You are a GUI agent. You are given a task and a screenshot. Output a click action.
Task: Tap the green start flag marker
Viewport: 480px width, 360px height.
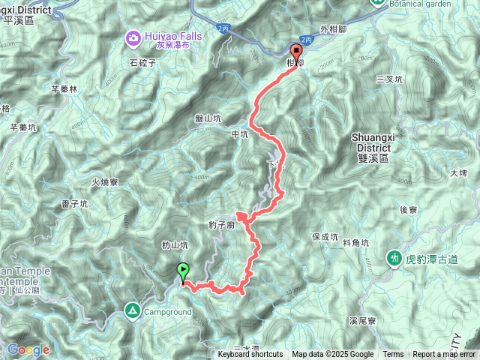click(182, 271)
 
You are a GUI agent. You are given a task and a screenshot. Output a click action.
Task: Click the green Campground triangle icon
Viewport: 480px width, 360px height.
click(133, 310)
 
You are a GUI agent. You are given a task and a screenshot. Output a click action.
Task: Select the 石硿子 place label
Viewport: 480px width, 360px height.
click(142, 64)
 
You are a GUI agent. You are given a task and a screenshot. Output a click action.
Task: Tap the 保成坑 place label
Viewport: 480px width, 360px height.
click(326, 237)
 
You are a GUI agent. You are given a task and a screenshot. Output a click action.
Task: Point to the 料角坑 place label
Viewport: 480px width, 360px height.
click(355, 243)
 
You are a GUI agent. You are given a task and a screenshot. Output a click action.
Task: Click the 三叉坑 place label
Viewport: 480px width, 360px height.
click(390, 79)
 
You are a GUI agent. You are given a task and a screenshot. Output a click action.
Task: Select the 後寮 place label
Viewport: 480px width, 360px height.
click(409, 210)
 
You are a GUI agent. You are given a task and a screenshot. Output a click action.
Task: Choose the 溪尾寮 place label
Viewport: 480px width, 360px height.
click(361, 320)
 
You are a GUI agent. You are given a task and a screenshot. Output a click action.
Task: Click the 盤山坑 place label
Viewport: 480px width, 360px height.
click(208, 118)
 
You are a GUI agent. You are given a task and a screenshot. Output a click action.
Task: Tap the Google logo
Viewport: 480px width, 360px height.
click(28, 349)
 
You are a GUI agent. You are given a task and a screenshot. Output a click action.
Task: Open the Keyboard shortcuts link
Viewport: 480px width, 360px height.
click(250, 355)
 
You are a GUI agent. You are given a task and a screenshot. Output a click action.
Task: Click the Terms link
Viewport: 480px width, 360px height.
click(393, 355)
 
